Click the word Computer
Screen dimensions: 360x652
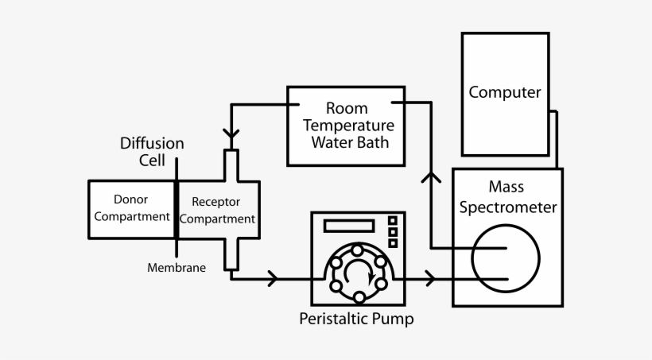point(505,92)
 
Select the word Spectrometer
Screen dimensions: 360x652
point(506,207)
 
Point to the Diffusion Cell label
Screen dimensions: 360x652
point(152,152)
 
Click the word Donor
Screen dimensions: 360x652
point(130,199)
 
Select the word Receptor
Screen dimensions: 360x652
point(216,202)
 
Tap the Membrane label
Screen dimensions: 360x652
point(177,268)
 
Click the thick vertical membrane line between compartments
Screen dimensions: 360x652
point(176,208)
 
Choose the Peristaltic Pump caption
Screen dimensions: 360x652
point(356,319)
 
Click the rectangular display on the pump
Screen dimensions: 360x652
point(348,226)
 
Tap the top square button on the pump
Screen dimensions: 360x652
point(392,221)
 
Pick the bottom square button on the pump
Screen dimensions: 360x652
point(392,243)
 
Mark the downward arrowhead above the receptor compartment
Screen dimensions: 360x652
point(231,137)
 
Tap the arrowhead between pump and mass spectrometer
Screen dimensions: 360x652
point(430,278)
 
